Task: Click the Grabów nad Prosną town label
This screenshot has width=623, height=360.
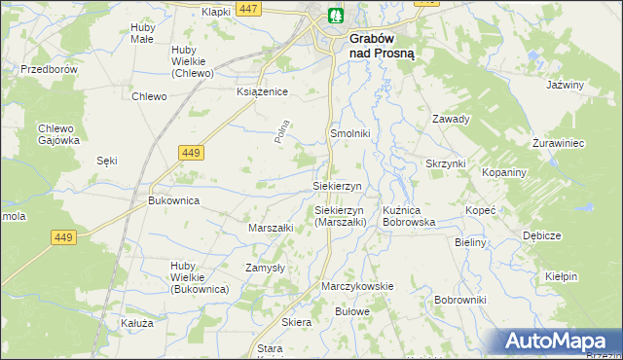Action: point(382,47)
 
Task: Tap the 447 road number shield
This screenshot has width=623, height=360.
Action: point(248,9)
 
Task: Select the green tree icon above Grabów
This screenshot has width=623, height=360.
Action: point(336,16)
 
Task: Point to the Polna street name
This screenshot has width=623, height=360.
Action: point(283,132)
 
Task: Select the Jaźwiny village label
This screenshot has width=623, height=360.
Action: point(565,86)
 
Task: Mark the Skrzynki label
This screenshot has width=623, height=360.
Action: point(446,163)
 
